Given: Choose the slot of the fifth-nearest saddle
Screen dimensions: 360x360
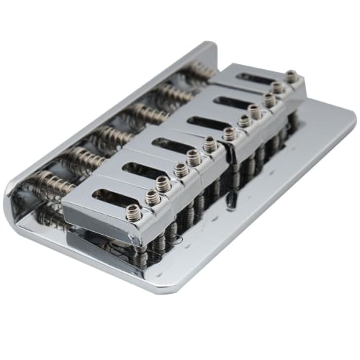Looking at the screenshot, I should coord(228,100).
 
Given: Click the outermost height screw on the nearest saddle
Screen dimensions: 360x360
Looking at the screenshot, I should coord(134,212).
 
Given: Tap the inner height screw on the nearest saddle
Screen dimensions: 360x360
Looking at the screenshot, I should coord(153,197).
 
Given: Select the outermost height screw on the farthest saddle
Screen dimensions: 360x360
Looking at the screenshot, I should coord(292,76).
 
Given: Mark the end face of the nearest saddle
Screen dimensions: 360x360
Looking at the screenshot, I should coord(97,220).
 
